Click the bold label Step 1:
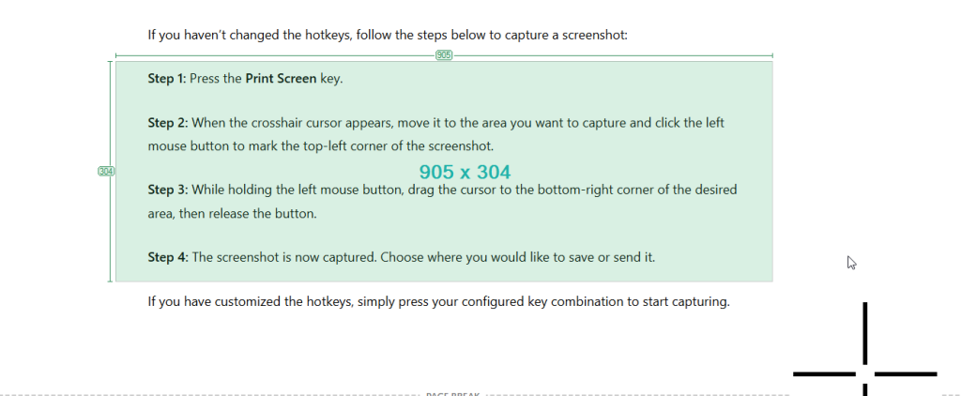[x=167, y=79]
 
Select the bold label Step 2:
[x=168, y=123]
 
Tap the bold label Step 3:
[x=168, y=190]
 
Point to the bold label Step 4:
[x=168, y=257]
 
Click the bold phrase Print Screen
[x=282, y=79]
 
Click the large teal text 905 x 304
[x=465, y=173]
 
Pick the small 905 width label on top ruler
[x=444, y=55]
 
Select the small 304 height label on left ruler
[x=107, y=171]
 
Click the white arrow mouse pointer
[x=850, y=263]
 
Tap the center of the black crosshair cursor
[x=864, y=373]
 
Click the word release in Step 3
[x=230, y=215]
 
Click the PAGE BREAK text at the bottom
[x=452, y=394]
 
